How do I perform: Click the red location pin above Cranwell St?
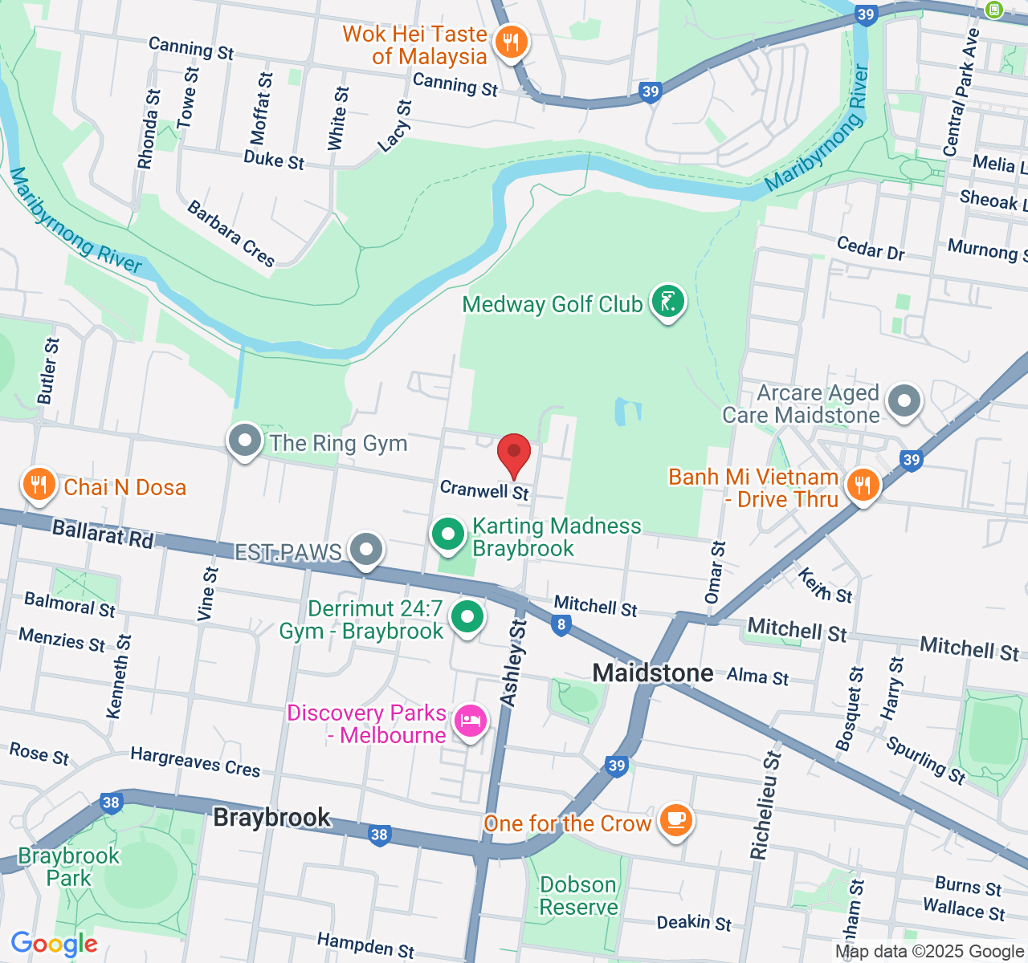coord(514,454)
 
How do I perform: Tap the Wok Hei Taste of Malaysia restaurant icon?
coord(511,42)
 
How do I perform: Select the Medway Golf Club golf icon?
coord(667,303)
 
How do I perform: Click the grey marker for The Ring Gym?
coord(245,441)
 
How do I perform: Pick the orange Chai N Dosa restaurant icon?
coord(38,485)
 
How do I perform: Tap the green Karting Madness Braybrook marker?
coord(448,535)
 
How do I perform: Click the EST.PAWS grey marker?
coord(367,551)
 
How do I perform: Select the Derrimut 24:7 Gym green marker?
coord(467,617)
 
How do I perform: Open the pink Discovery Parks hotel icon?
coord(471,721)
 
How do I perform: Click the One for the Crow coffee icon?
coord(675,820)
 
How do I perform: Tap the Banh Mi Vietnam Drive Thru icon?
coord(862,486)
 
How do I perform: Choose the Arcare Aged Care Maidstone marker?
coord(905,400)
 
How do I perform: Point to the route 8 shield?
coord(561,625)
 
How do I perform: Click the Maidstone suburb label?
coord(652,672)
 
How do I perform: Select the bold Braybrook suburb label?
coord(271,817)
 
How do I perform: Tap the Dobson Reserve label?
coord(578,896)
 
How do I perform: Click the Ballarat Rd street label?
coord(102,534)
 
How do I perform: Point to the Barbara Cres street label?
coord(231,234)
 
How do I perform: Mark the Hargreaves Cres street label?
coord(195,762)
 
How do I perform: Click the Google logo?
coord(54,944)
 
